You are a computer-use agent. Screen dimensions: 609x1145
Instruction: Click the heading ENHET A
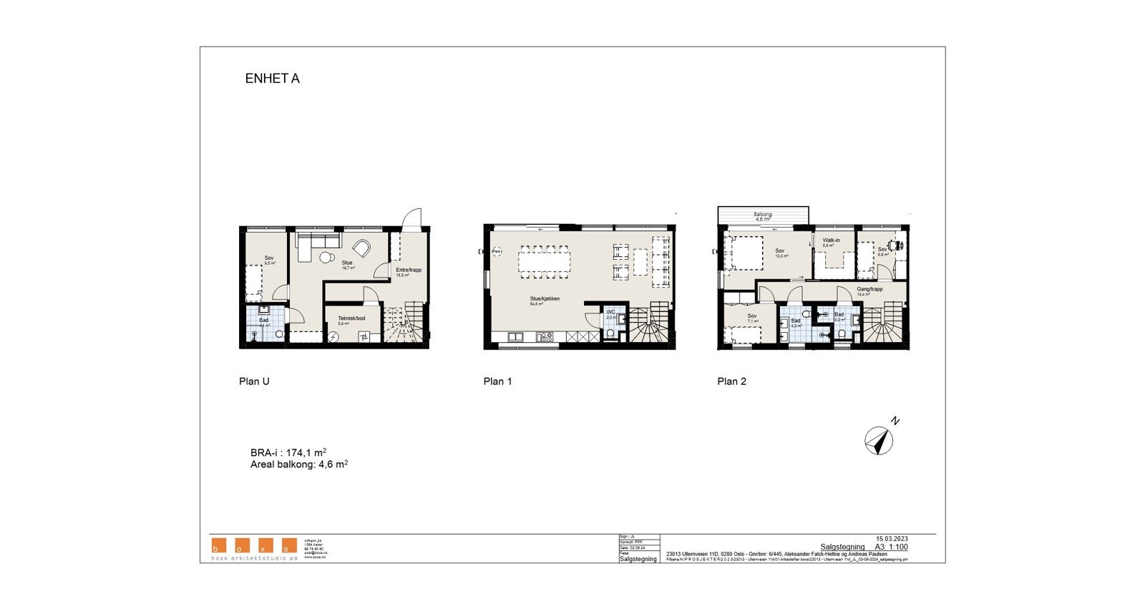pyautogui.click(x=272, y=79)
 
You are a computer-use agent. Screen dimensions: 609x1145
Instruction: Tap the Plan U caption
pyautogui.click(x=254, y=381)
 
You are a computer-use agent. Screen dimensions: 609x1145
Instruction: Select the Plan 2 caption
pyautogui.click(x=731, y=381)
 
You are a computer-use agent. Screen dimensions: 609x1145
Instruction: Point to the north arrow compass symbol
pyautogui.click(x=880, y=440)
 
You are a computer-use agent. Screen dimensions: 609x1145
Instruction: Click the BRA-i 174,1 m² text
pyautogui.click(x=288, y=452)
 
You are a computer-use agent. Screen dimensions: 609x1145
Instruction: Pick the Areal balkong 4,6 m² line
pyautogui.click(x=298, y=464)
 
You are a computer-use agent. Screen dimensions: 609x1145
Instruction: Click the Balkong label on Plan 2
pyautogui.click(x=763, y=215)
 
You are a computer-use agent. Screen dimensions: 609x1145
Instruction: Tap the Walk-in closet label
pyautogui.click(x=831, y=240)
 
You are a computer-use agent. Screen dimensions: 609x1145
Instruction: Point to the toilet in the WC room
pyautogui.click(x=609, y=332)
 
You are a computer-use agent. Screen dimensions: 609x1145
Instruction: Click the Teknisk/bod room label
pyautogui.click(x=351, y=318)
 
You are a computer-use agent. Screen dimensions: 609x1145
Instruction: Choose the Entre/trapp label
pyautogui.click(x=408, y=270)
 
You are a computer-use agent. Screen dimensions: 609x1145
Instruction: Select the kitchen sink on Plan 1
pyautogui.click(x=516, y=336)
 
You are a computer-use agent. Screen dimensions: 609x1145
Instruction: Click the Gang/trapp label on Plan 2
pyautogui.click(x=869, y=289)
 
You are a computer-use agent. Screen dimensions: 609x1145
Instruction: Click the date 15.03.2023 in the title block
pyautogui.click(x=891, y=538)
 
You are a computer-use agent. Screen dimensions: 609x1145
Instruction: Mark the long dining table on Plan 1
pyautogui.click(x=544, y=261)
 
